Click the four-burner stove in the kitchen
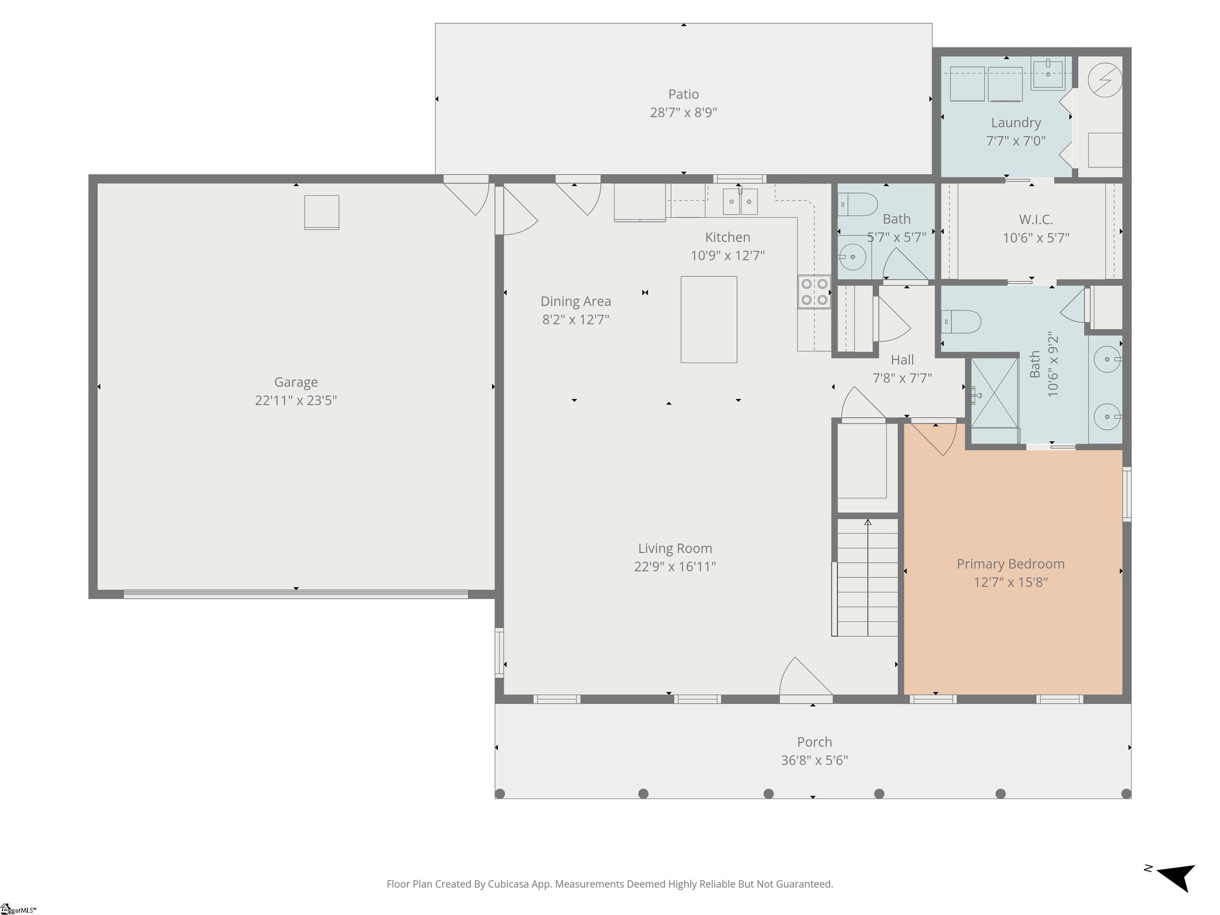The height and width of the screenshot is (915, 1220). (814, 292)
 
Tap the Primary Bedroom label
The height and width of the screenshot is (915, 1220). (1010, 564)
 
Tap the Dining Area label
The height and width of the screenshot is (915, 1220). (575, 301)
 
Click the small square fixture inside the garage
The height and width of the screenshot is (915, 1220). (322, 212)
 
